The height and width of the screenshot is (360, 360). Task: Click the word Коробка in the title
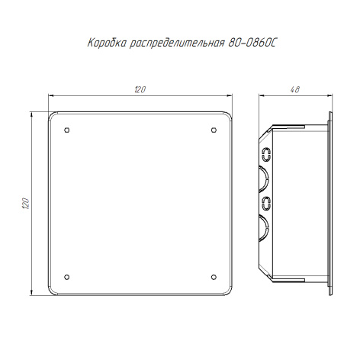coord(107,43)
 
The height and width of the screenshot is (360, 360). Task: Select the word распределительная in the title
coord(177,43)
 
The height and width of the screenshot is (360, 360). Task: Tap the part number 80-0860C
coord(252,43)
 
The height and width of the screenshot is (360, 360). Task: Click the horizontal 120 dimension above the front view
coord(140,89)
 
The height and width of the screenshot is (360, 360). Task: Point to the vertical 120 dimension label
coord(26,203)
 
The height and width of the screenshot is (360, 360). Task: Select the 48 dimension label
coord(295,89)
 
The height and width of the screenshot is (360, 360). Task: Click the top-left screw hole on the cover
coord(67,130)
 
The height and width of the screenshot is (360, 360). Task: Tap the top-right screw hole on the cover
coord(214,130)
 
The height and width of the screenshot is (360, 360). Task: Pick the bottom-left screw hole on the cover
coord(67,277)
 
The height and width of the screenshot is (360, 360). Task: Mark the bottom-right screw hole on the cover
coord(214,277)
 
